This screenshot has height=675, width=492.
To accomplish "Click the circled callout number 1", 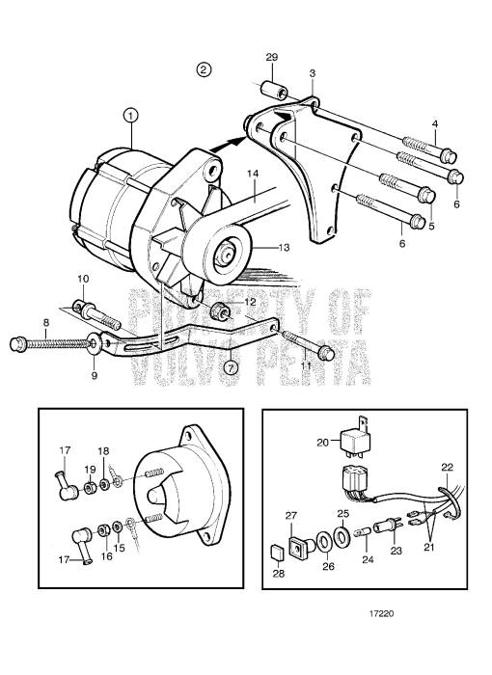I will click(131, 115).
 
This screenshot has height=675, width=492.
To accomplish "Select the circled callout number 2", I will click(203, 69).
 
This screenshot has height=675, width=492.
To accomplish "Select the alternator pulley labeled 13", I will click(230, 256).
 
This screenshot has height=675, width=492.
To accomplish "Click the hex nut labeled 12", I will click(220, 311).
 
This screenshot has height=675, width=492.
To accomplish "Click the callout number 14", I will click(254, 175).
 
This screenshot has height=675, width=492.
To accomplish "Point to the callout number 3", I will click(312, 73).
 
